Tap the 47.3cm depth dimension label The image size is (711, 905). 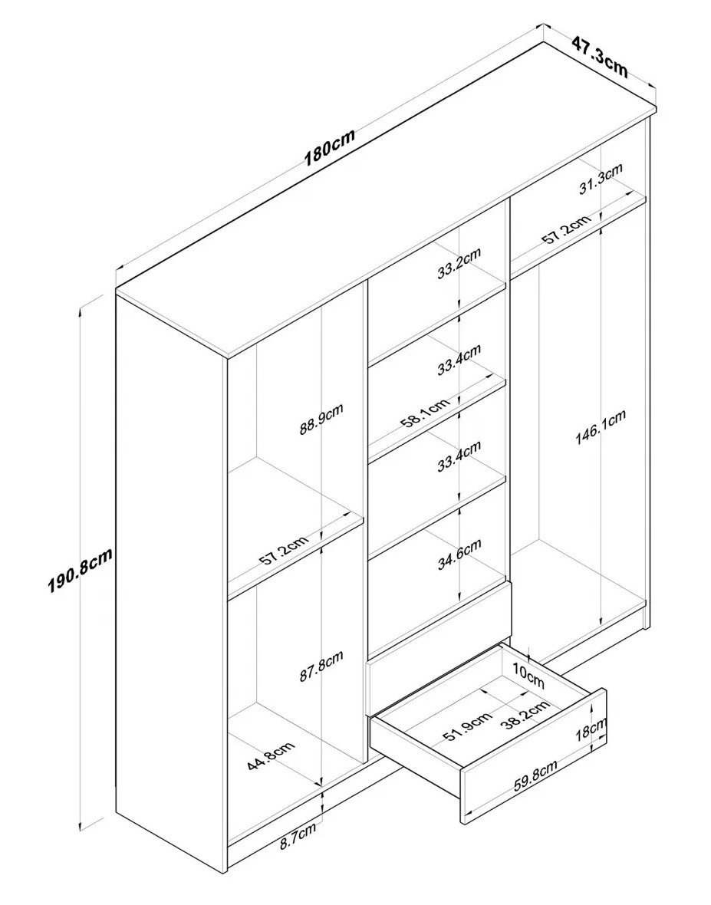(x=601, y=57)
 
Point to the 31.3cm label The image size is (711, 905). (x=601, y=179)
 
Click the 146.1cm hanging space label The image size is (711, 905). (x=601, y=428)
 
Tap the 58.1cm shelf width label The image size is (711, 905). (x=424, y=413)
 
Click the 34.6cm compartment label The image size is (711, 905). (x=459, y=555)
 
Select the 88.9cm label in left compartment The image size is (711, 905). (x=321, y=419)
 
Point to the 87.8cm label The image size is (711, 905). (x=321, y=666)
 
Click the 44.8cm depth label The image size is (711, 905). (x=271, y=755)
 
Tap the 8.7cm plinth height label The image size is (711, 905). (x=298, y=836)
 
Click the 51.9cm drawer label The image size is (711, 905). (x=467, y=729)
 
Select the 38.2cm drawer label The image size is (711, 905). (x=524, y=715)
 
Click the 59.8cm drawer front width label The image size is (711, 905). (x=535, y=776)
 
